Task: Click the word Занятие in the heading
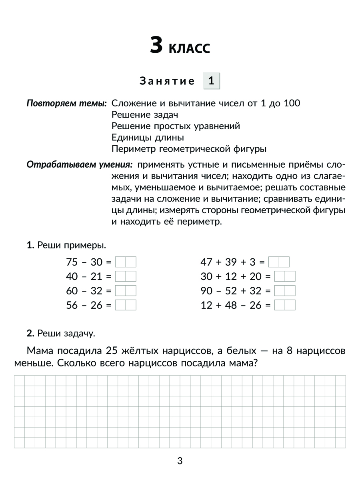pos(167,81)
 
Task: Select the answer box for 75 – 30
pos(126,262)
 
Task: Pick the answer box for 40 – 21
pos(126,276)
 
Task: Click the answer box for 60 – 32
pos(126,291)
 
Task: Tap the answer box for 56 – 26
pos(126,305)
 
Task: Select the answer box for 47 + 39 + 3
pos(279,262)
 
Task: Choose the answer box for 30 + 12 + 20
pos(285,276)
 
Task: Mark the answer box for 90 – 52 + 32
pos(285,291)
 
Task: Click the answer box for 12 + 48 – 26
pos(285,305)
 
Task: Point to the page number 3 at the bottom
pos(180,461)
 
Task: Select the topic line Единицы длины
pos(148,138)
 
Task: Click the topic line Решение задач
pos(145,115)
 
